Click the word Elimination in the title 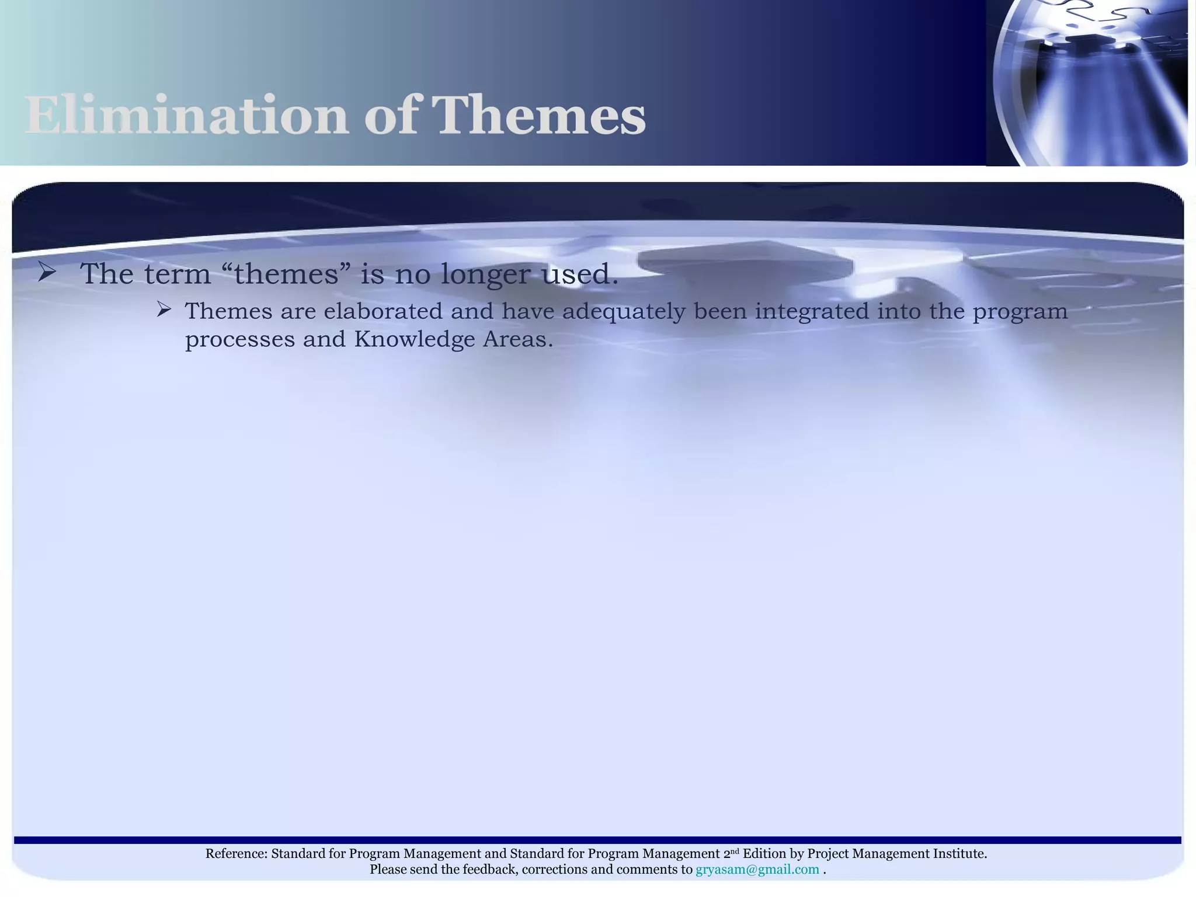coord(186,116)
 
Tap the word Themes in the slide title coord(540,116)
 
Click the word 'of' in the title coord(391,116)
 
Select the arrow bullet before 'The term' coord(46,272)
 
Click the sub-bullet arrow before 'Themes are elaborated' coord(164,310)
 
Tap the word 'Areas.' coord(517,339)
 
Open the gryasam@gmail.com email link coord(757,870)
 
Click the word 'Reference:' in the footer coord(236,854)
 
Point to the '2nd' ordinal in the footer coord(731,853)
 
